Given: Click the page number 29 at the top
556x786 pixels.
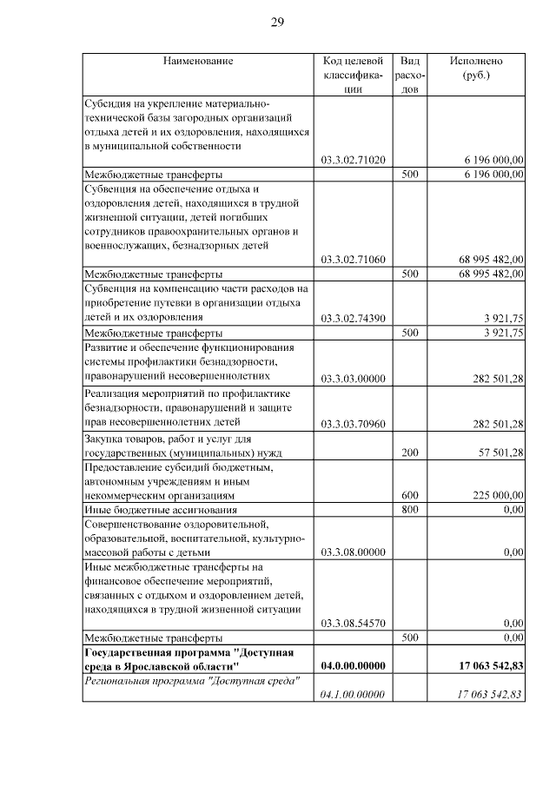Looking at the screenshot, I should (x=277, y=22).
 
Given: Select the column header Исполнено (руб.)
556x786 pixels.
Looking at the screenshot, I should (x=475, y=68).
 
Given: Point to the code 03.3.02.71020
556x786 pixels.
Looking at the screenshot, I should (x=353, y=160).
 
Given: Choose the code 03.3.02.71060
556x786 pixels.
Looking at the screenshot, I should (x=353, y=259).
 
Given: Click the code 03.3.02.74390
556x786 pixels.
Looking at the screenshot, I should (x=353, y=318).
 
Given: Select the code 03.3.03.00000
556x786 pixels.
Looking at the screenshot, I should (x=353, y=378).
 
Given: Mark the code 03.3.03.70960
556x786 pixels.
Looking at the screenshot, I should (x=353, y=423).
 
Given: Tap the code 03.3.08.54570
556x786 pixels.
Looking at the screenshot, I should (x=353, y=623).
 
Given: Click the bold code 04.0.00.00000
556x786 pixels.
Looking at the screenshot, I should (x=353, y=665).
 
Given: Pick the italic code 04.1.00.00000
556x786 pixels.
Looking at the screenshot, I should (x=353, y=694).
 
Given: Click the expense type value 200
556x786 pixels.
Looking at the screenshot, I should (x=410, y=452).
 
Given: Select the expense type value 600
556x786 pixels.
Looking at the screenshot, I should (x=410, y=495).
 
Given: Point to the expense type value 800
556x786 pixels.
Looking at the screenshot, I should (x=410, y=509).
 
